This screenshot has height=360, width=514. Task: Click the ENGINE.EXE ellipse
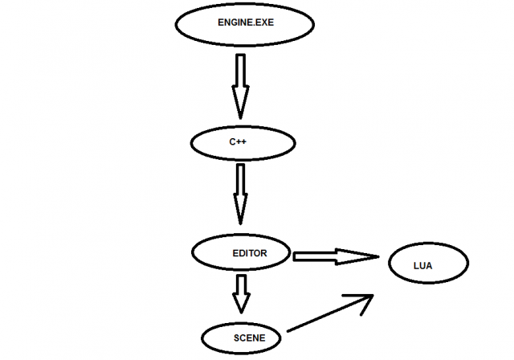pyautogui.click(x=241, y=24)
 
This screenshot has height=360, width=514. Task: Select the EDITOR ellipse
pyautogui.click(x=241, y=252)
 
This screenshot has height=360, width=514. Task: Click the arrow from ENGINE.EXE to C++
pyautogui.click(x=240, y=84)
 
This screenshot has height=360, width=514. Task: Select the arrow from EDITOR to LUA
pyautogui.click(x=333, y=256)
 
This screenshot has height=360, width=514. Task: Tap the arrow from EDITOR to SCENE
pyautogui.click(x=240, y=293)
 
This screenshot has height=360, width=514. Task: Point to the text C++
pyautogui.click(x=237, y=142)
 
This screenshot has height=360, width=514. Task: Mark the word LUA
pyautogui.click(x=423, y=265)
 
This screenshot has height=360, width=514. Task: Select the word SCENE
pyautogui.click(x=248, y=338)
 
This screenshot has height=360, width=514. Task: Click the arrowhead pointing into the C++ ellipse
pyautogui.click(x=240, y=104)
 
